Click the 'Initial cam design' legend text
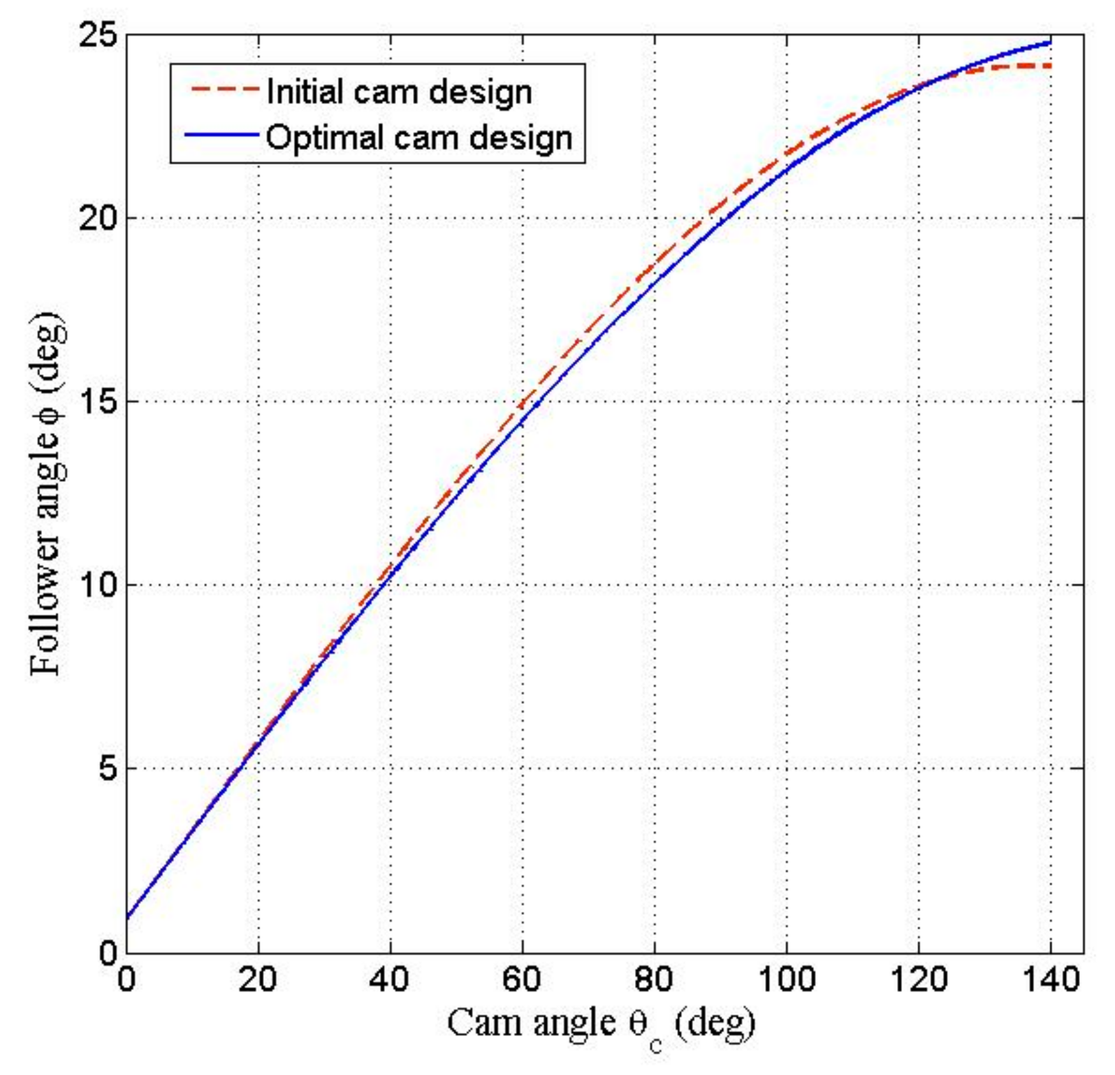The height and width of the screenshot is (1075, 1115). pyautogui.click(x=399, y=92)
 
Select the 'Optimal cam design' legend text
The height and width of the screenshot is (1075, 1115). pyautogui.click(x=419, y=138)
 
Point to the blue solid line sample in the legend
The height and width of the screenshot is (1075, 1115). pyautogui.click(x=222, y=135)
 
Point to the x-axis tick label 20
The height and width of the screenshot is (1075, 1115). pyautogui.click(x=258, y=979)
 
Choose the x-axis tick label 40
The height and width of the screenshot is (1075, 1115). pyautogui.click(x=390, y=979)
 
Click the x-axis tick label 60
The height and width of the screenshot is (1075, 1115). pyautogui.click(x=521, y=979)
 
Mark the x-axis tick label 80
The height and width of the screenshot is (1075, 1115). pyautogui.click(x=654, y=979)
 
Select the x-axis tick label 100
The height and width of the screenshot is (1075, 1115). pyautogui.click(x=786, y=979)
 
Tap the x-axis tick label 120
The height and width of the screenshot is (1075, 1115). pyautogui.click(x=919, y=979)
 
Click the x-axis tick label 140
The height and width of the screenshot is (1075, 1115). pyautogui.click(x=1051, y=979)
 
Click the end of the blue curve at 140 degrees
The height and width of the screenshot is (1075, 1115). pyautogui.click(x=1049, y=43)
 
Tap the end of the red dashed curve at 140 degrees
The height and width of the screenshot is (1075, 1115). pyautogui.click(x=1049, y=66)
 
